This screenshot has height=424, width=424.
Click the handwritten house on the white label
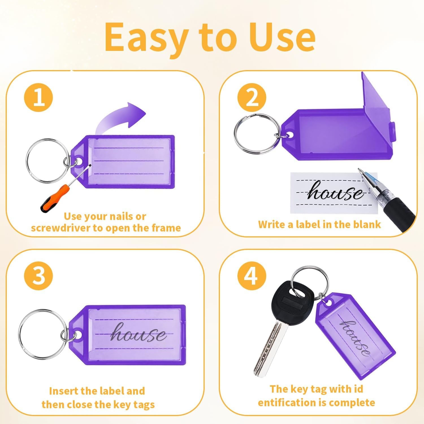pyautogui.click(x=335, y=191)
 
